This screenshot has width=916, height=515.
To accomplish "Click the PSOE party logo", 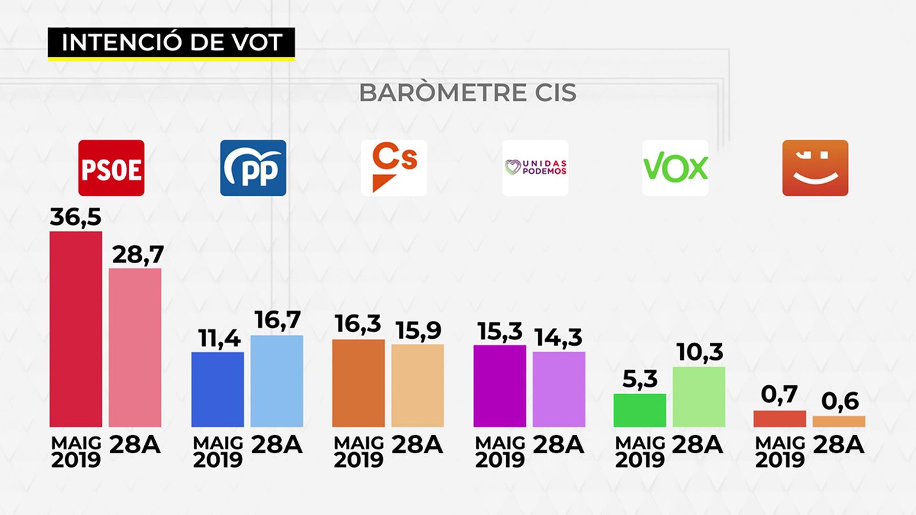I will (x=111, y=168).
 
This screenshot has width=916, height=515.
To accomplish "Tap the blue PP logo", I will (x=253, y=168).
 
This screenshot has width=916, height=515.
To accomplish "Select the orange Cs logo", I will (x=394, y=168).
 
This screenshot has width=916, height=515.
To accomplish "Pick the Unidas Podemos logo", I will (x=535, y=168).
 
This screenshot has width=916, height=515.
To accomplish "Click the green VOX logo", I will (x=675, y=168).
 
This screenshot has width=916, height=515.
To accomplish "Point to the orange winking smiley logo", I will (x=815, y=168).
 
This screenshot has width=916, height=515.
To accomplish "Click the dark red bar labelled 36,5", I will (x=76, y=329).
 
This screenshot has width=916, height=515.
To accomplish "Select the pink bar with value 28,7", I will (x=135, y=347).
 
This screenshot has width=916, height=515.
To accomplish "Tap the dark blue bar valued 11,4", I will (x=218, y=389).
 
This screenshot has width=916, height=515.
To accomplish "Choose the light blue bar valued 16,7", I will (x=277, y=381).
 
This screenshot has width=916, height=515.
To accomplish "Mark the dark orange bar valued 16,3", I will (x=358, y=383).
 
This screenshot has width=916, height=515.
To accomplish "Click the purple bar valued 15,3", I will (x=500, y=386).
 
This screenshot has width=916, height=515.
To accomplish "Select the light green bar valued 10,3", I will (x=699, y=397).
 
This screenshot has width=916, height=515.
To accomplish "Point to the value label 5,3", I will (x=639, y=379).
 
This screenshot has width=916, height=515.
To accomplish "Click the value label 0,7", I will (x=779, y=394).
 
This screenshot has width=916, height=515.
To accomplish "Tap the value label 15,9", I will (x=418, y=330).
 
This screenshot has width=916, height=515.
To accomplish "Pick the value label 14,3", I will (x=558, y=338).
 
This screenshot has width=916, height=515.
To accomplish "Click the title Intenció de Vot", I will (x=172, y=42).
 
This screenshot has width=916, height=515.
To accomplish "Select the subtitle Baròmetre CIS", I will (x=468, y=93).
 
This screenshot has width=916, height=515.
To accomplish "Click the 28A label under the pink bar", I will (x=135, y=445).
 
